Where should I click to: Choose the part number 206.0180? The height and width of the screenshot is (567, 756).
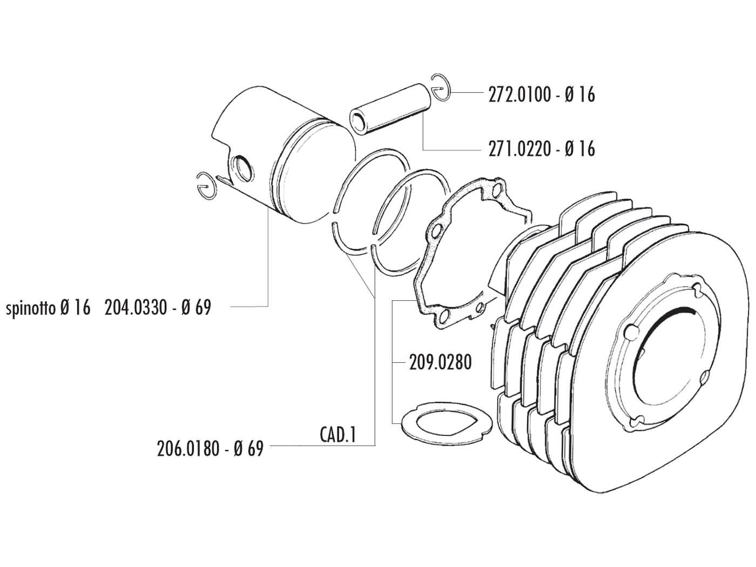(x=187, y=448)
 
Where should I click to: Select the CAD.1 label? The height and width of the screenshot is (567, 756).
(x=337, y=435)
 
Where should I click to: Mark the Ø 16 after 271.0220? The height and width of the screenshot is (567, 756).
(x=579, y=148)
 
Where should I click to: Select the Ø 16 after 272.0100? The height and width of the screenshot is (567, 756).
(x=579, y=95)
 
